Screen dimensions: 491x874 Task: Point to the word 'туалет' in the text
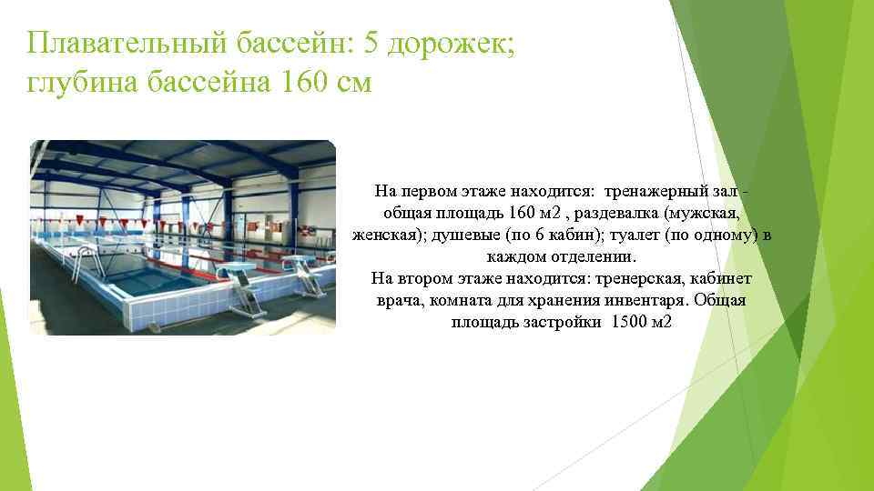[x=638, y=235]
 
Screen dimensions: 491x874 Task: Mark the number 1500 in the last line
[x=628, y=323]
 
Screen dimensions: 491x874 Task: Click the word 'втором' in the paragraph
[x=423, y=279]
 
